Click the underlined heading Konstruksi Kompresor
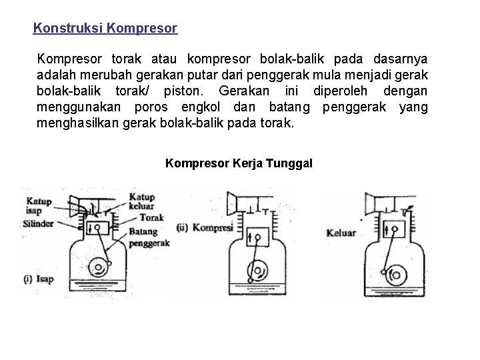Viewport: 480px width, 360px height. (105, 29)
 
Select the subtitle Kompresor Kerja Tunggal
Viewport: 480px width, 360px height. (239, 163)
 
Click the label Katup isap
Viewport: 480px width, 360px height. (39, 206)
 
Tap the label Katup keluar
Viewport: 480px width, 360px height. (141, 202)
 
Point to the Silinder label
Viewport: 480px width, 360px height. (38, 225)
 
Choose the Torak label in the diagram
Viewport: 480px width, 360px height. (153, 217)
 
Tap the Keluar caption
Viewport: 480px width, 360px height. (341, 233)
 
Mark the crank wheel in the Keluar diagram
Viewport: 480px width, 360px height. (399, 273)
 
